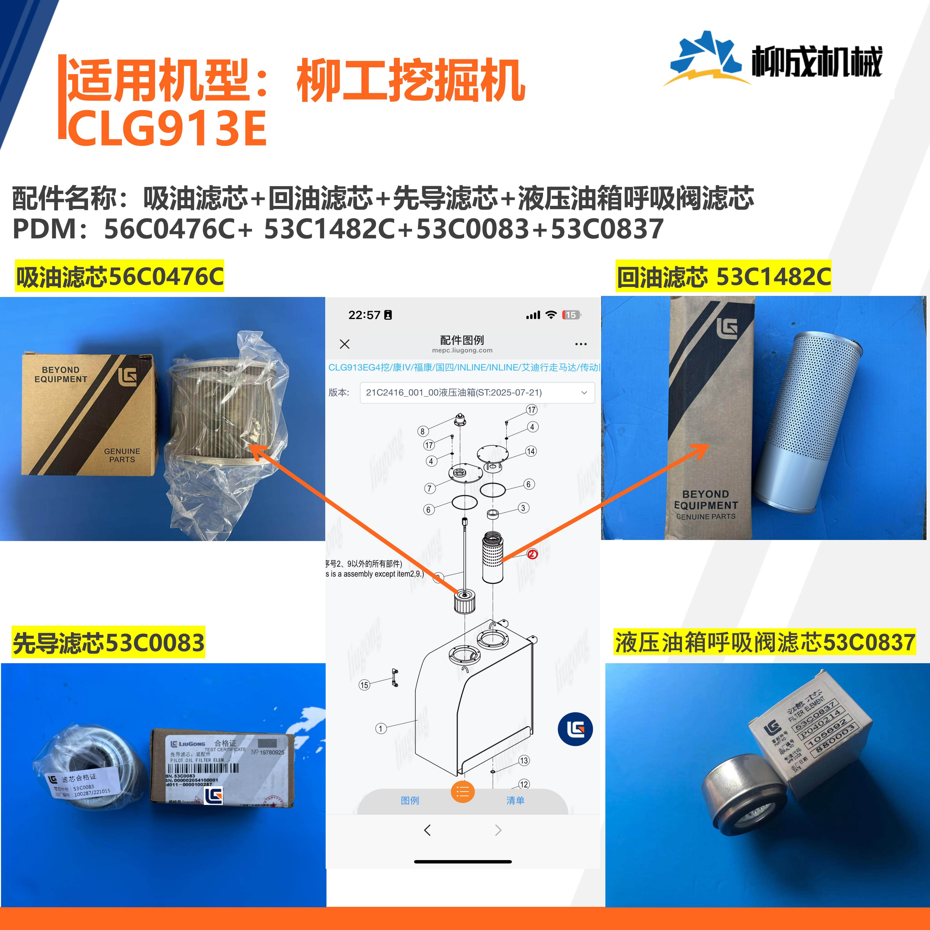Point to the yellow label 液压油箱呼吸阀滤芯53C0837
pos(765,643)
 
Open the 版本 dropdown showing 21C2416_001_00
pos(477,392)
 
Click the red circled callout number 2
pos(532,554)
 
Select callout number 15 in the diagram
pos(364,685)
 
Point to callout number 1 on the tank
pos(380,728)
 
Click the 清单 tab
pos(515,801)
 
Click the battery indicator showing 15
pos(571,315)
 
